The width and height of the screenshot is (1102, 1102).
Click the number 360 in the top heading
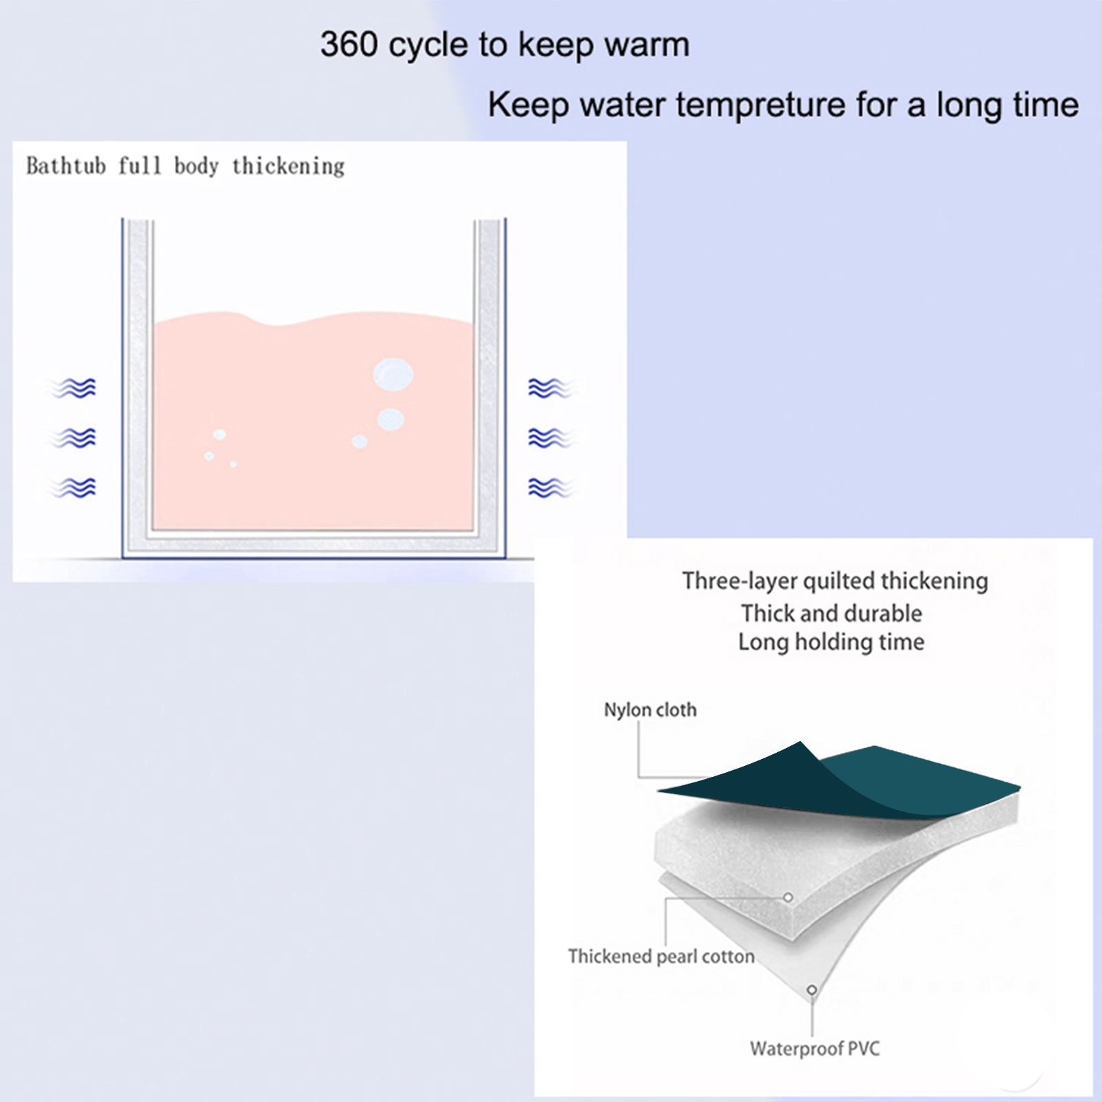349,45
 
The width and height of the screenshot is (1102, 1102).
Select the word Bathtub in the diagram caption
66,166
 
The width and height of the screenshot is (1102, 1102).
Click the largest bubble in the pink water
393,375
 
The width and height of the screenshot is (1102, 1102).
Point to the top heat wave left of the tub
72,388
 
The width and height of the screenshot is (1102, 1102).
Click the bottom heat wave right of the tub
550,488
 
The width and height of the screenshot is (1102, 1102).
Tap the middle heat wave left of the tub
72,438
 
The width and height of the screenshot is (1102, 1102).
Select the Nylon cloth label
650,710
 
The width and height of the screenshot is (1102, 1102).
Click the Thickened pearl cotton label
661,957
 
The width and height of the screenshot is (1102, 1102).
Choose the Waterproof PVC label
815,1049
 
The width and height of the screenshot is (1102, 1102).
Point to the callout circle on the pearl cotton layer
788,897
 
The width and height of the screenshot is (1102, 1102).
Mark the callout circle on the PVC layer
812,990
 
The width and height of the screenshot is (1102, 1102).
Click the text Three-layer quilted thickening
835,581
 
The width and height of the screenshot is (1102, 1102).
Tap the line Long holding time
831,642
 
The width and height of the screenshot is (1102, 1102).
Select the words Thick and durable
831,613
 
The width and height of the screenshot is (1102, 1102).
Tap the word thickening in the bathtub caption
288,167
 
